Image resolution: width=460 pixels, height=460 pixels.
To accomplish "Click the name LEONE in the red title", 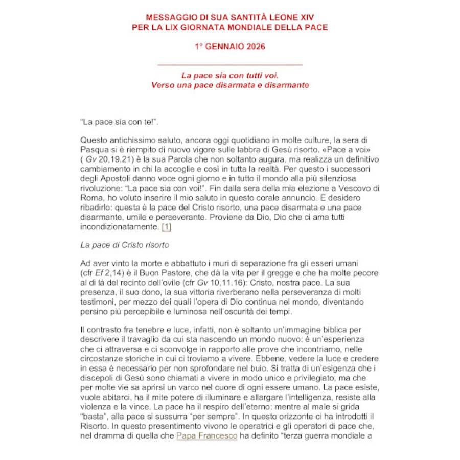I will click(281, 17).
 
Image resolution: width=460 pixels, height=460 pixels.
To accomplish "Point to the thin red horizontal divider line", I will click(230, 65).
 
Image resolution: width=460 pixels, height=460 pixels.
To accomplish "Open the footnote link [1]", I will click(166, 226).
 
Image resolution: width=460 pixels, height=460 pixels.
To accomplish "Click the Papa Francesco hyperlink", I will click(206, 436).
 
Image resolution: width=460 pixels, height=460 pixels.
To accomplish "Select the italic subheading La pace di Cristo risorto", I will click(124, 245).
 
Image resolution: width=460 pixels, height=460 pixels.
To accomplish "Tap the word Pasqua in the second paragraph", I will click(94, 149).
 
